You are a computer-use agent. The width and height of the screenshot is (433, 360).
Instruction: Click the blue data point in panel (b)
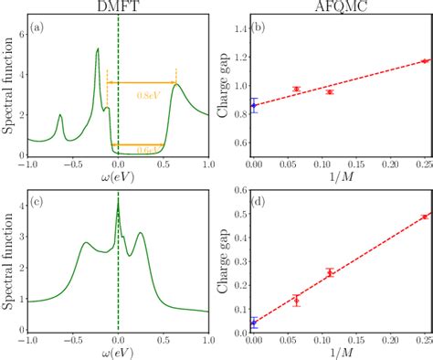(x=254, y=106)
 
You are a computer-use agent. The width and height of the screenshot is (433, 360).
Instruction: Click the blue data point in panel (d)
(x=254, y=323)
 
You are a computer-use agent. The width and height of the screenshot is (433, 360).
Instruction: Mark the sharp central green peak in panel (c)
(x=118, y=203)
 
